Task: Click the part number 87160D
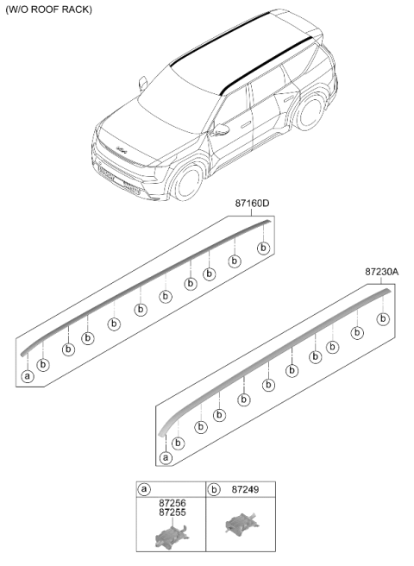[252, 204]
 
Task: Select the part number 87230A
[381, 272]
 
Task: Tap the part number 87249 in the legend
[245, 489]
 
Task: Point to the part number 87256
[172, 503]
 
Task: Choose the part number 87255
[172, 513]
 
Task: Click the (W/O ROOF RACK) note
[48, 9]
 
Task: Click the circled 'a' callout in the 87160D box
[28, 376]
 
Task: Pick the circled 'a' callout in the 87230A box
[166, 458]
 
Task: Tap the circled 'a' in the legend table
[144, 489]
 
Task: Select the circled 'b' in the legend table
[214, 489]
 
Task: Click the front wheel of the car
[188, 183]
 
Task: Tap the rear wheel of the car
[310, 113]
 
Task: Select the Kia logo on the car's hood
[122, 150]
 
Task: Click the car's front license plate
[106, 174]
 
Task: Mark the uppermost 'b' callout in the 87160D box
[263, 248]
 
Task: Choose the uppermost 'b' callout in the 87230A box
[383, 318]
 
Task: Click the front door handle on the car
[246, 125]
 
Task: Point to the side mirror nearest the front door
[220, 130]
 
